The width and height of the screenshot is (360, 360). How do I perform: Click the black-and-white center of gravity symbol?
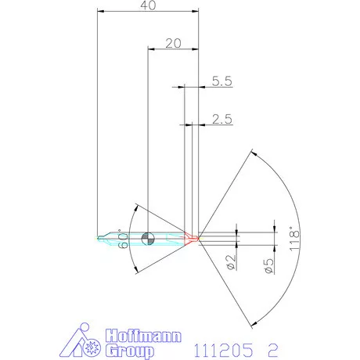pyautogui.click(x=149, y=237)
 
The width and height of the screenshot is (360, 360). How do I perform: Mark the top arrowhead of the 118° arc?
pyautogui.click(x=254, y=153)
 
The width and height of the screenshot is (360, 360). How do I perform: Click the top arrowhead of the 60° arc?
pyautogui.click(x=139, y=207)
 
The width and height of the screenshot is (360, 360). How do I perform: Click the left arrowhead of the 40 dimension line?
pyautogui.click(x=100, y=11)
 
